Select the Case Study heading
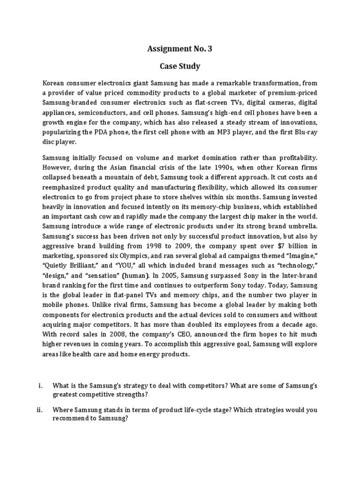coord(180,66)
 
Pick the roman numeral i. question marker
coord(41,386)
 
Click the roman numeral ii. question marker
coord(40,410)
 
